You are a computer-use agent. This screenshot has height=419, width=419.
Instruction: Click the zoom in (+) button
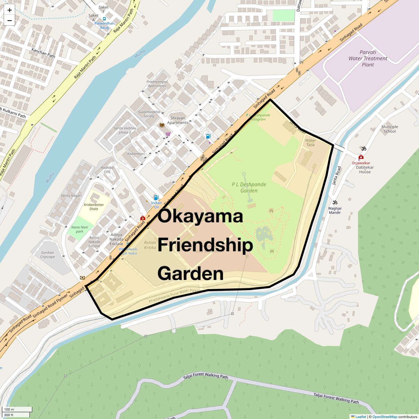click(9, 10)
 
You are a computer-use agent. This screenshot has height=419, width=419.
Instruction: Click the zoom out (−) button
click(9, 21)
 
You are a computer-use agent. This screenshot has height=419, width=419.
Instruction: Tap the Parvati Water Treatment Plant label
click(368, 59)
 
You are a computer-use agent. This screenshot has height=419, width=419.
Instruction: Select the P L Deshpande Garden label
click(249, 188)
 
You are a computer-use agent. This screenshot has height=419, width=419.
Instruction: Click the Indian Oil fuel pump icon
click(156, 198)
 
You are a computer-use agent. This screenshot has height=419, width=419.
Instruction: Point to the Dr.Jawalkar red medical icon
click(361, 157)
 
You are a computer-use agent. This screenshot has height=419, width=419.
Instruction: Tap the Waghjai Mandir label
click(334, 210)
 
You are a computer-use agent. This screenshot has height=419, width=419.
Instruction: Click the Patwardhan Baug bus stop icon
click(105, 19)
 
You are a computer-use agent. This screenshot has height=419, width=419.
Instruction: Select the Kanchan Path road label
click(44, 53)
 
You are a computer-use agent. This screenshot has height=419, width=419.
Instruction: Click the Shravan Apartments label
click(178, 120)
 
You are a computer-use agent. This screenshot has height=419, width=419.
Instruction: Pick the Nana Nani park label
click(80, 229)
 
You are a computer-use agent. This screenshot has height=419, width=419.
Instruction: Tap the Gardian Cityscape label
click(47, 255)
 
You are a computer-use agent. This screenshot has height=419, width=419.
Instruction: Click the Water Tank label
click(310, 142)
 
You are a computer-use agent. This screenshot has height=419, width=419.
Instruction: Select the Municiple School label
click(390, 129)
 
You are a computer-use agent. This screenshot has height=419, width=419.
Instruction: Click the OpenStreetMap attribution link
click(384, 417)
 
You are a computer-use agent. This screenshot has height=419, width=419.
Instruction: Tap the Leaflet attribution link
click(361, 417)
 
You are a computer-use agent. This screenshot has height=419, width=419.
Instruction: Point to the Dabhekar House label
click(365, 169)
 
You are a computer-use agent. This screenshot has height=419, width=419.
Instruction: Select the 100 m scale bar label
click(9, 409)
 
